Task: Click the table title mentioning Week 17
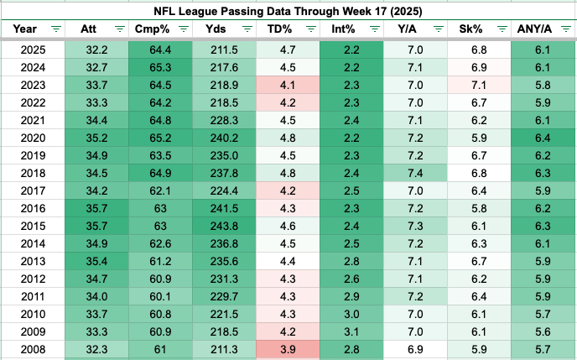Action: tap(288, 11)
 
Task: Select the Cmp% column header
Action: tap(153, 29)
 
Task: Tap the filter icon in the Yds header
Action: tap(247, 29)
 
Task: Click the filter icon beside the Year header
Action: tap(56, 29)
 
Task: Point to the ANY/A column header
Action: tap(534, 29)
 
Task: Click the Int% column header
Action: tap(344, 29)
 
